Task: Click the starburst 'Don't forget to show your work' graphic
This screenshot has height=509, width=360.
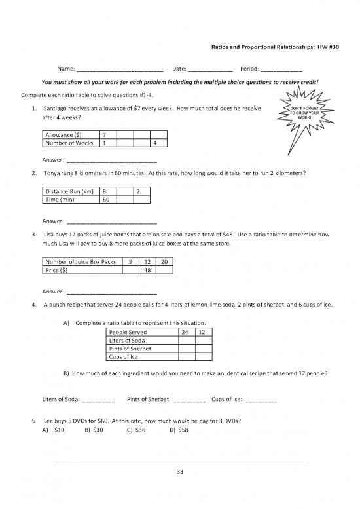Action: click(304, 115)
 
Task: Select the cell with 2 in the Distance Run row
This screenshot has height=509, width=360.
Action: click(139, 191)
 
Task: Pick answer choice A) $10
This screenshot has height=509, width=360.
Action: click(53, 430)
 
